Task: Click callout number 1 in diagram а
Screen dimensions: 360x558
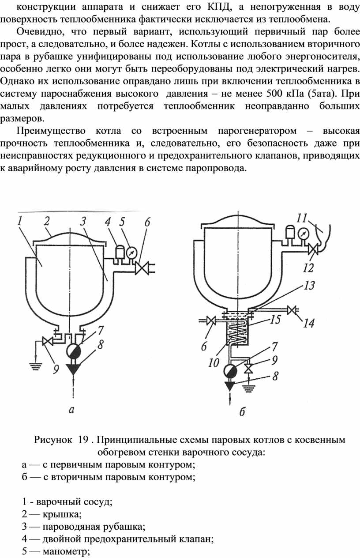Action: tap(20, 221)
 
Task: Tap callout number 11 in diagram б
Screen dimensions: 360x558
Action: tap(302, 218)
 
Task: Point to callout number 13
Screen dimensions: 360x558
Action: tap(309, 286)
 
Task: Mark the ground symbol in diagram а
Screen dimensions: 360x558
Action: tap(36, 366)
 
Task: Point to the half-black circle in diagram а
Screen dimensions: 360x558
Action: tap(73, 351)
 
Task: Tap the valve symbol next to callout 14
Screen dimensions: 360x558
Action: tap(291, 311)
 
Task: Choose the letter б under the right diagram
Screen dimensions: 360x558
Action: tap(242, 412)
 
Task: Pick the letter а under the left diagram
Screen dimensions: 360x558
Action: tap(71, 409)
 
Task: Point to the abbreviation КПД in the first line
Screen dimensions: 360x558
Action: tap(217, 7)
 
